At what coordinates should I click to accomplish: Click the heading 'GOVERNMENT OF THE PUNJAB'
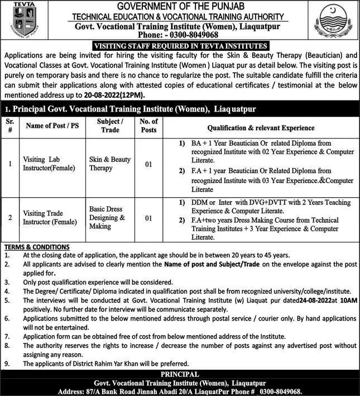[x=180, y=6]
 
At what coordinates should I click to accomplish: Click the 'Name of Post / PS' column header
[x=52, y=126]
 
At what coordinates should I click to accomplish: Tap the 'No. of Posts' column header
[x=148, y=126]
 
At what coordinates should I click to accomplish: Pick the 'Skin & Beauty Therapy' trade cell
[x=109, y=164]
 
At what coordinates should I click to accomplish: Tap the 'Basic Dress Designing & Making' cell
[x=107, y=218]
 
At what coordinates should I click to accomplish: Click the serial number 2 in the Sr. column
[x=10, y=218]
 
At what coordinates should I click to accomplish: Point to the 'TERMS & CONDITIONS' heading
[x=37, y=246]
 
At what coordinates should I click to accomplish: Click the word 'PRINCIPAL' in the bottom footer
[x=180, y=374]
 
